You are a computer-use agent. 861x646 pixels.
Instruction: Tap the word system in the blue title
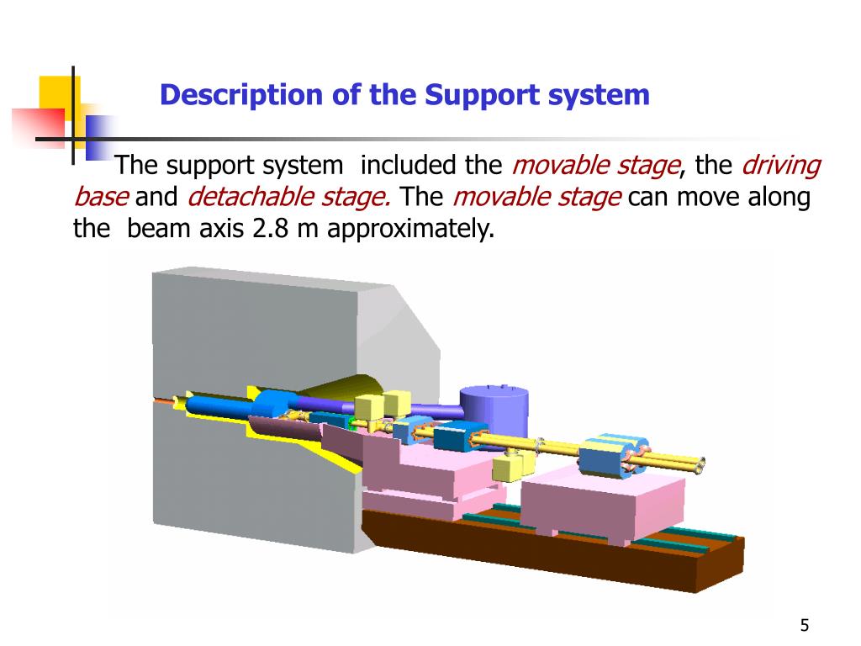pyautogui.click(x=600, y=95)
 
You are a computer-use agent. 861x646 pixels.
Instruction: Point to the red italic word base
pyautogui.click(x=101, y=199)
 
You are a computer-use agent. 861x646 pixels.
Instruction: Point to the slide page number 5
pyautogui.click(x=805, y=625)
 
